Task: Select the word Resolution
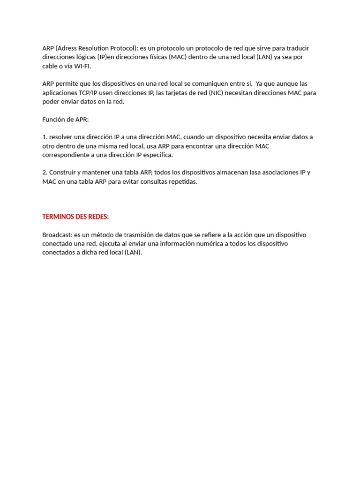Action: click(95, 48)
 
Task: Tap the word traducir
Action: click(295, 48)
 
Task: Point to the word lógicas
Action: click(85, 57)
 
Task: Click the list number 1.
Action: click(45, 137)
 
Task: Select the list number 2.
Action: click(45, 172)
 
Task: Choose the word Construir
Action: click(63, 172)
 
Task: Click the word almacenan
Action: click(232, 172)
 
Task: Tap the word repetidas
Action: click(180, 181)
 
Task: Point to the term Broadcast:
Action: click(57, 235)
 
